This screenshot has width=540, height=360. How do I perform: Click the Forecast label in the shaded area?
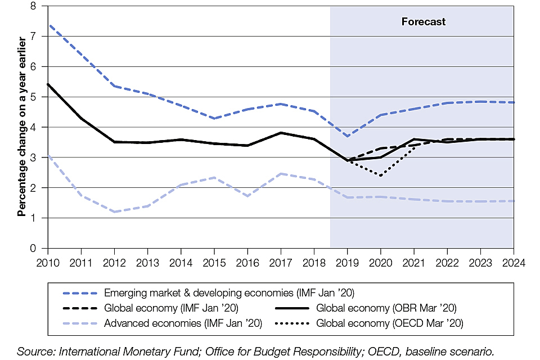[x=423, y=22]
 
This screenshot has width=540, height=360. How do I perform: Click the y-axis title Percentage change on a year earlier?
[x=22, y=127]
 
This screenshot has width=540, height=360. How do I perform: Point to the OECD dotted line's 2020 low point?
[x=380, y=175]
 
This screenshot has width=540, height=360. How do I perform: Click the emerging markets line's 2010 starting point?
[x=48, y=25]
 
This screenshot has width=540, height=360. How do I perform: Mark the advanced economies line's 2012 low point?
[x=115, y=211]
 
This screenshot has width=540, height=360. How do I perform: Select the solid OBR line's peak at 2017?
[x=281, y=133]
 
